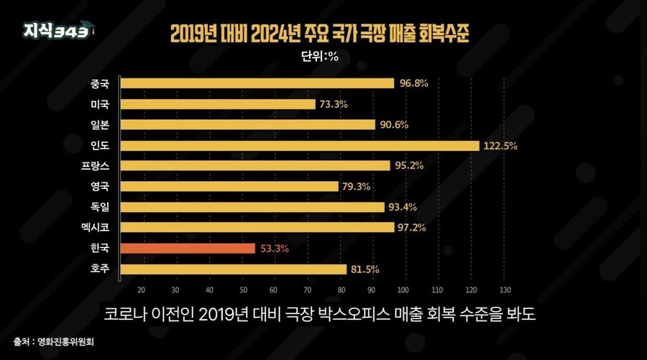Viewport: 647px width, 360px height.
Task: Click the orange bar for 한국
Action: (188, 249)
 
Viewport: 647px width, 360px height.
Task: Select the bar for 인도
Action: (300, 145)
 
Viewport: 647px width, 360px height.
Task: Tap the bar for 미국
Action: (218, 104)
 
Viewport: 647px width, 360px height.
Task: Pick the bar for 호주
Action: (234, 269)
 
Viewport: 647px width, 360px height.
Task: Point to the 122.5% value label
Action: (500, 146)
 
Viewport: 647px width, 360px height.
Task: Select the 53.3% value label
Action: (275, 249)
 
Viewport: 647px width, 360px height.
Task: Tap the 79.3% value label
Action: (358, 187)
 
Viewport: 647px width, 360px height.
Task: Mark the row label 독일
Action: (101, 207)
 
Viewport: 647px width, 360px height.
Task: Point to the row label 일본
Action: (101, 124)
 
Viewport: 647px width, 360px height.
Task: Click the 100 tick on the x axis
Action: (403, 290)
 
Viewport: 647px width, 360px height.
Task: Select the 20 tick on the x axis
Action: (141, 290)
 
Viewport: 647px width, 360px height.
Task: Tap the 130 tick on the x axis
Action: (503, 290)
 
